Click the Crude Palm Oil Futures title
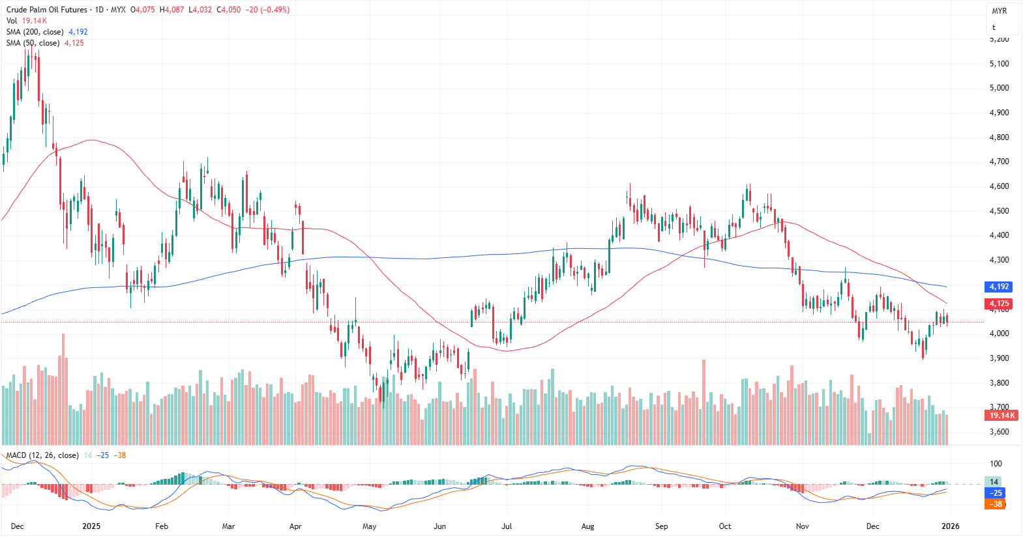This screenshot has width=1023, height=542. pyautogui.click(x=46, y=10)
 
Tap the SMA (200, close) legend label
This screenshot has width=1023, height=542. pyautogui.click(x=35, y=32)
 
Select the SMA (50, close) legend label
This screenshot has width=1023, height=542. pyautogui.click(x=33, y=43)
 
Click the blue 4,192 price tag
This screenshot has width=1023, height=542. pyautogui.click(x=999, y=287)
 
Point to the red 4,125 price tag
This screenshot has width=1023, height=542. pyautogui.click(x=999, y=304)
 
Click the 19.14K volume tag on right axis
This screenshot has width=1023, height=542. pyautogui.click(x=1001, y=416)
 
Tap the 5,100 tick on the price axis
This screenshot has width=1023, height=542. pyautogui.click(x=999, y=64)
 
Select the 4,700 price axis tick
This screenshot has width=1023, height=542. pyautogui.click(x=999, y=162)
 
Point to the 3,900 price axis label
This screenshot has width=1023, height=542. pyautogui.click(x=999, y=358)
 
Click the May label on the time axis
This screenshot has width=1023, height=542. pyautogui.click(x=369, y=526)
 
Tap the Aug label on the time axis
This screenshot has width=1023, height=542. pyautogui.click(x=587, y=526)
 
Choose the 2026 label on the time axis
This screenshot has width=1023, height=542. pyautogui.click(x=950, y=526)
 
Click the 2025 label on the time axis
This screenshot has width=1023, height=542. pyautogui.click(x=91, y=526)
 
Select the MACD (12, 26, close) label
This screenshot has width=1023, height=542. pyautogui.click(x=42, y=455)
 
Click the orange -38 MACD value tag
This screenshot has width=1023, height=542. pyautogui.click(x=996, y=504)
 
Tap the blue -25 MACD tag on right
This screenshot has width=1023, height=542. pyautogui.click(x=996, y=493)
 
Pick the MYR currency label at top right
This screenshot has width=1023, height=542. pyautogui.click(x=999, y=11)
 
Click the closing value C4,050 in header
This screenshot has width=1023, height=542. pyautogui.click(x=228, y=10)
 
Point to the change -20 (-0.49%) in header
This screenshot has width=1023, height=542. pyautogui.click(x=267, y=10)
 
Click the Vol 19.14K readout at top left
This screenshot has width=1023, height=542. pyautogui.click(x=27, y=21)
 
